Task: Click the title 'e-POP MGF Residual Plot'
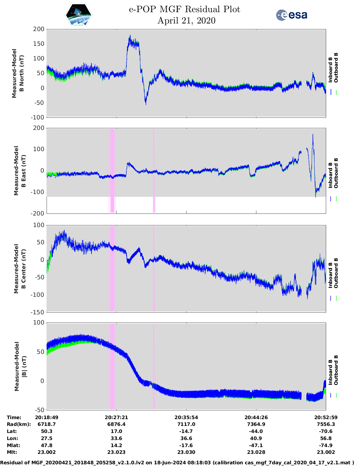[184, 9]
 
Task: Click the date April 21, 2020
[186, 21]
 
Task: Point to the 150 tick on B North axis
[39, 44]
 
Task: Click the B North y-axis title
[18, 73]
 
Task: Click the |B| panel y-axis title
[19, 366]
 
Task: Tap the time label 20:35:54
[186, 417]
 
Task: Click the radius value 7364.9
[256, 424]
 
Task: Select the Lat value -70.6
[326, 431]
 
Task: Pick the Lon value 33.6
[116, 438]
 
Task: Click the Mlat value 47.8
[47, 445]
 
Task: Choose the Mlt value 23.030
[186, 452]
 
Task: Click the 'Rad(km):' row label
[19, 424]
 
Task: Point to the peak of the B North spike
[130, 36]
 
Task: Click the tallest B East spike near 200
[313, 135]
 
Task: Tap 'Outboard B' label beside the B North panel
[336, 68]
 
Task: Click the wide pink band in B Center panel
[112, 268]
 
